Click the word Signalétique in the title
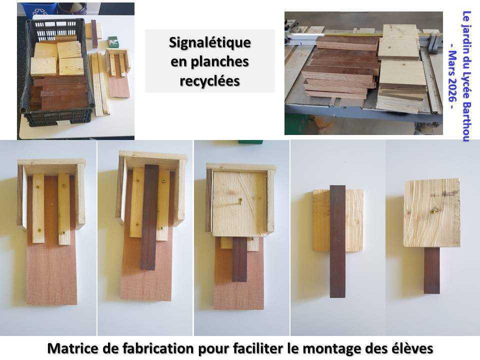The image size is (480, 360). [x=209, y=43]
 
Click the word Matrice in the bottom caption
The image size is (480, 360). [x=70, y=347]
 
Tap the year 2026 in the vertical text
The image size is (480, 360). [x=452, y=92]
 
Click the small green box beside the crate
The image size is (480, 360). [x=113, y=42]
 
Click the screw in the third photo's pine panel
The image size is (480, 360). [x=240, y=201]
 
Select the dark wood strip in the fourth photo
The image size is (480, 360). [x=337, y=240]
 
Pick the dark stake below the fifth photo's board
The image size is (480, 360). [x=431, y=270]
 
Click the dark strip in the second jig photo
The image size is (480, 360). [x=149, y=217]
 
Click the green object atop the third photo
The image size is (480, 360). [x=250, y=141]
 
